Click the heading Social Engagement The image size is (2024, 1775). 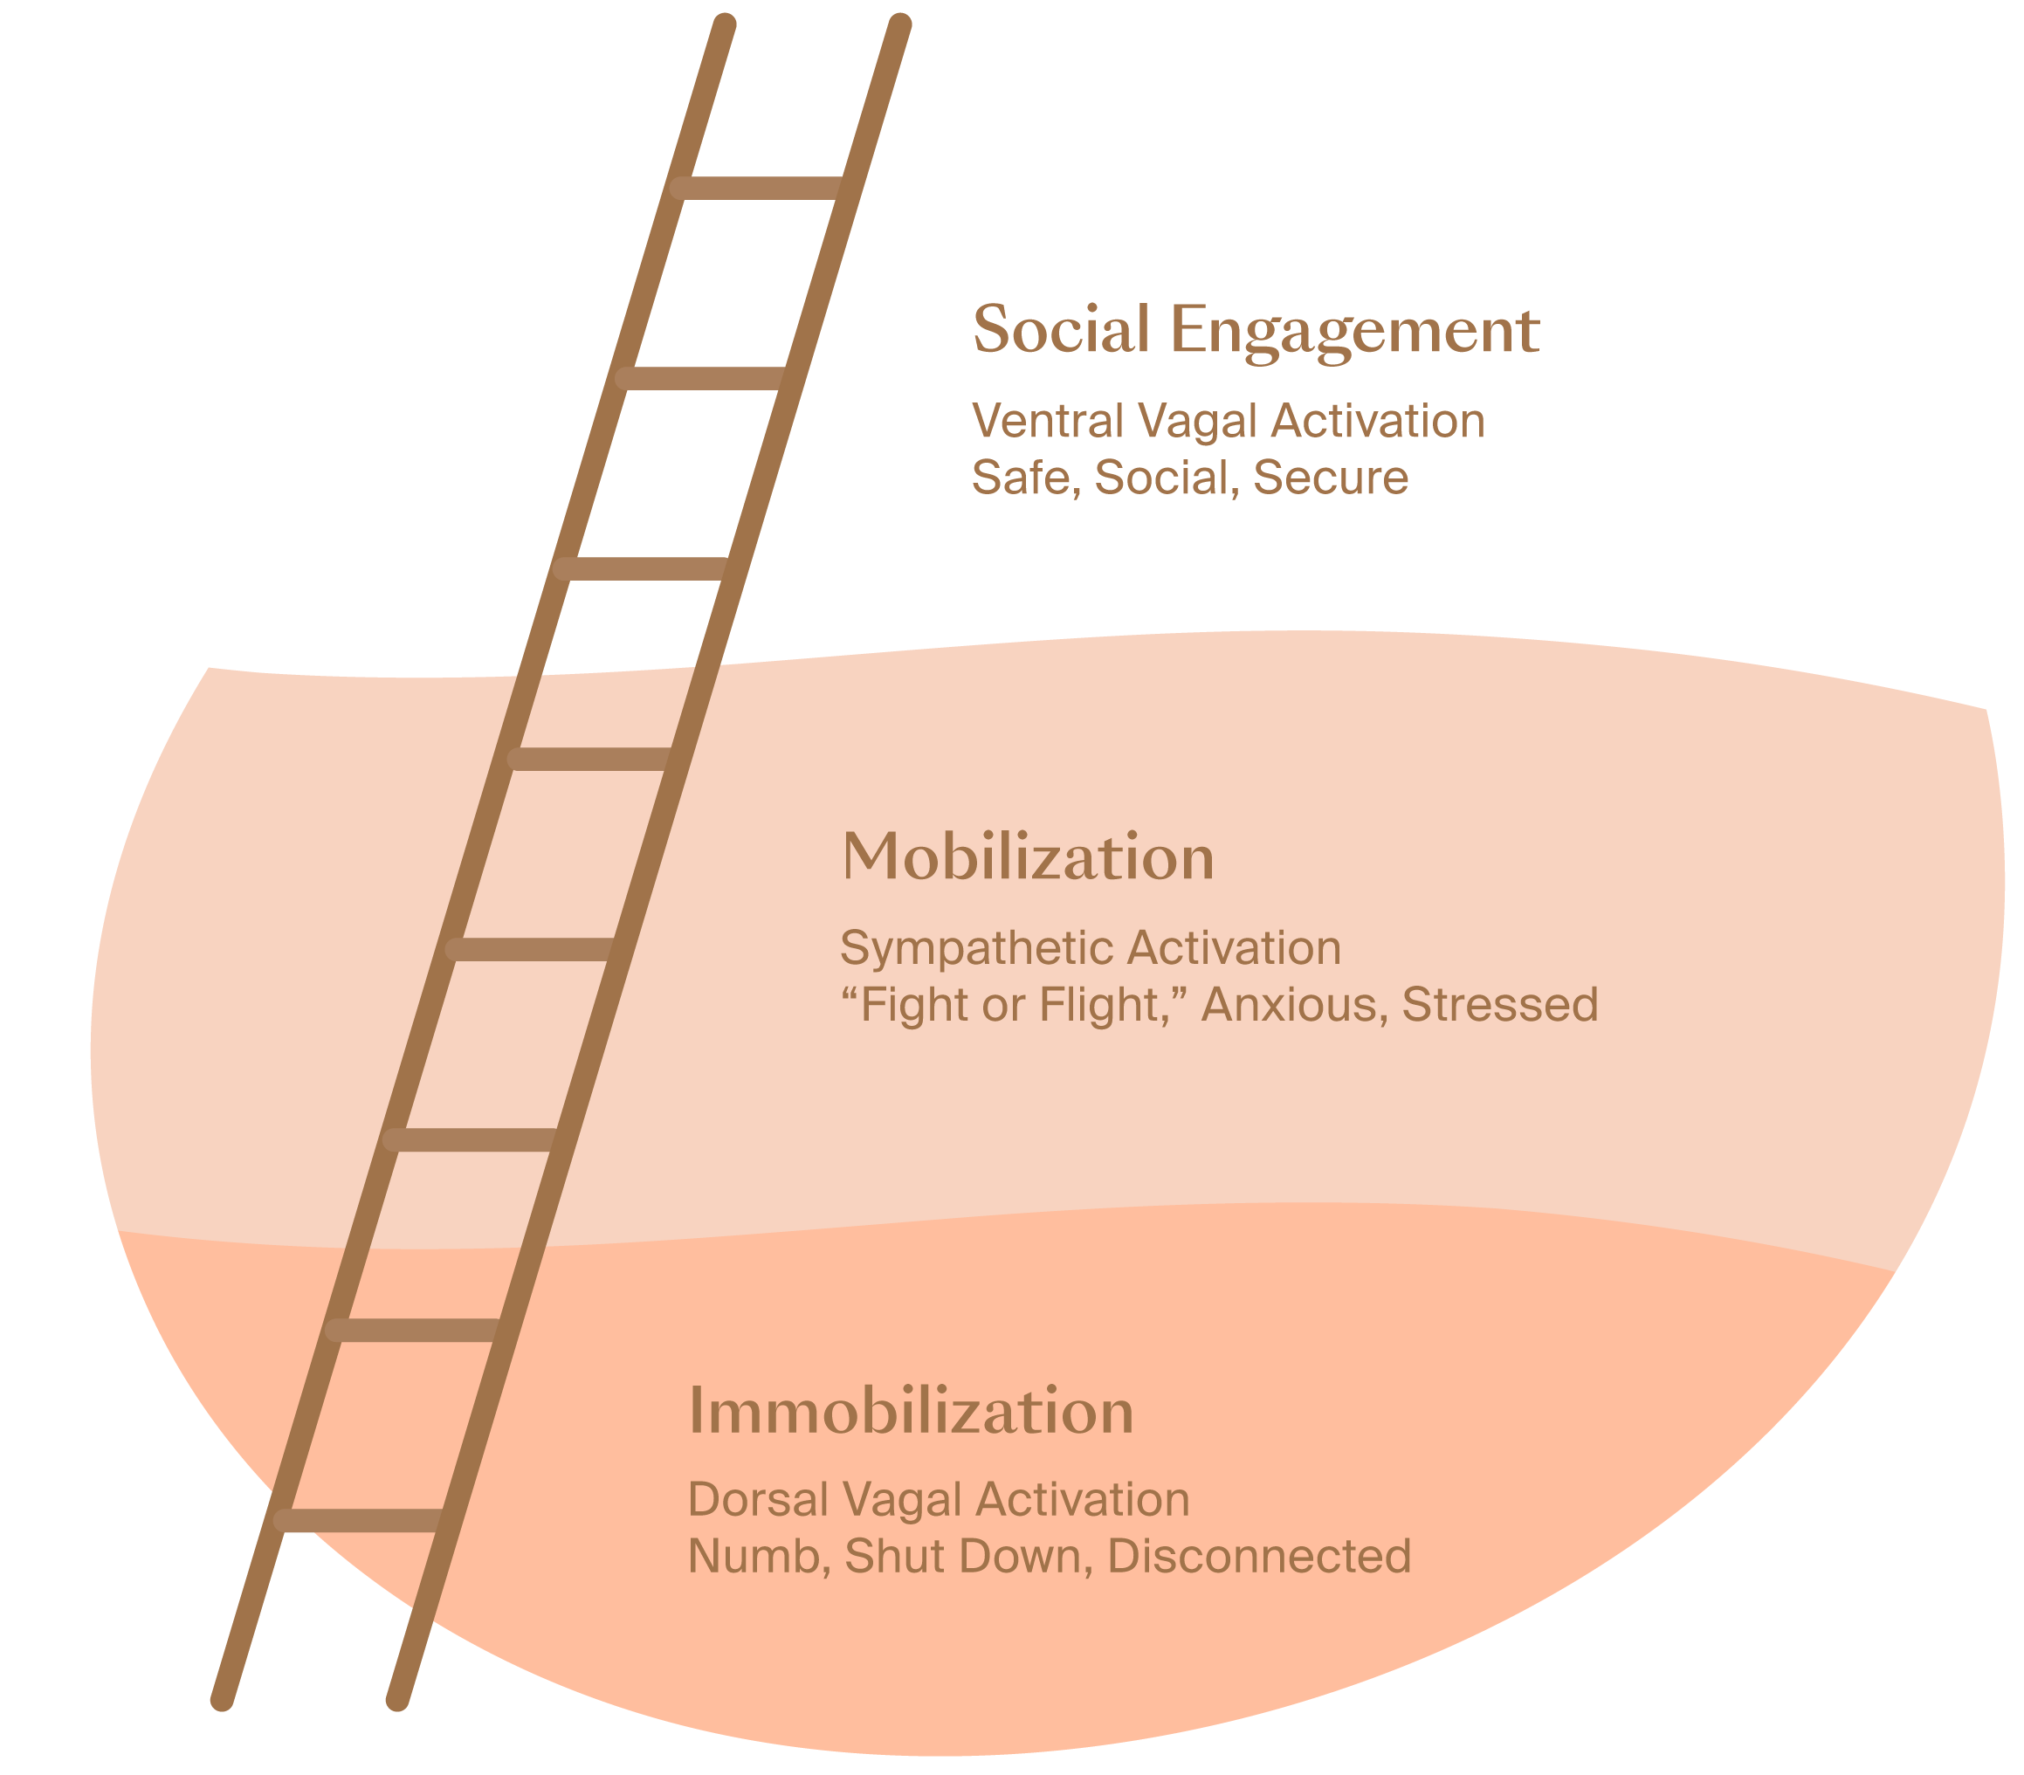coord(1256,330)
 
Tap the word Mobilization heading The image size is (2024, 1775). coord(1028,857)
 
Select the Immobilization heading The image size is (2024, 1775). coord(911,1412)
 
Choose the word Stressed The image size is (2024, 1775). coord(1500,1005)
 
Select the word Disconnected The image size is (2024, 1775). coord(1258,1556)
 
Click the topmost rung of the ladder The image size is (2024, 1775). coord(758,187)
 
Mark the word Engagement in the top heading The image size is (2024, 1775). coord(1354,332)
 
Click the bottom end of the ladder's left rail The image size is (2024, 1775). coord(223,1699)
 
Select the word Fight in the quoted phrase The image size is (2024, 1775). coord(912,1005)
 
